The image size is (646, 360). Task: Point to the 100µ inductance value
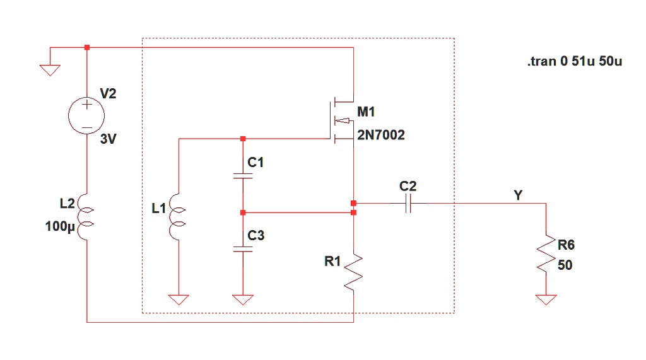click(61, 226)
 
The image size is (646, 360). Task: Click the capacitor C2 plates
click(408, 204)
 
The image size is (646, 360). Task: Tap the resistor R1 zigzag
click(353, 271)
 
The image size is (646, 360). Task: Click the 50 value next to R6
click(565, 265)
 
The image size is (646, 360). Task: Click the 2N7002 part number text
click(381, 135)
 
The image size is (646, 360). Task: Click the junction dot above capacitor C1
click(243, 139)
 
